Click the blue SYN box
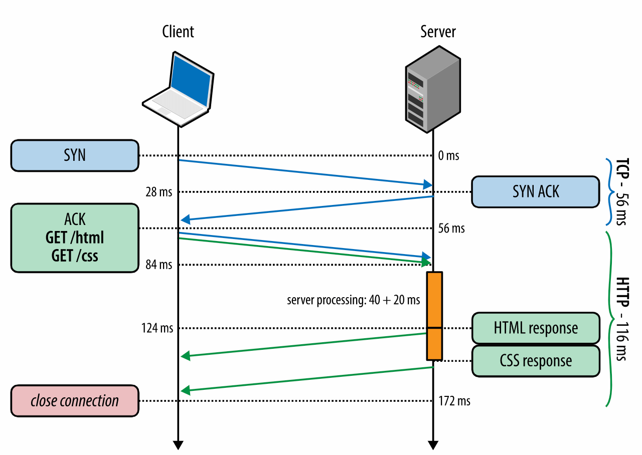click(75, 155)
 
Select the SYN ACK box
click(535, 191)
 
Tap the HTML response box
click(536, 328)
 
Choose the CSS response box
click(536, 361)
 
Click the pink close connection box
click(75, 400)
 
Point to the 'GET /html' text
click(75, 238)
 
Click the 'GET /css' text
click(75, 256)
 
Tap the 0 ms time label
click(448, 156)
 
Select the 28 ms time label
click(159, 192)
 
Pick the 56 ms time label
click(451, 229)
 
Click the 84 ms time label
click(159, 265)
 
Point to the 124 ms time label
click(157, 328)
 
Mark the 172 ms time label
click(454, 401)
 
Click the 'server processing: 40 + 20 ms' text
click(354, 300)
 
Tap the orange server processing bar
click(434, 316)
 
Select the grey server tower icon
click(433, 89)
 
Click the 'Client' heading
click(178, 32)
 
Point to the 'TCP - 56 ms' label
click(621, 191)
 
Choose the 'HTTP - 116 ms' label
click(621, 319)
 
